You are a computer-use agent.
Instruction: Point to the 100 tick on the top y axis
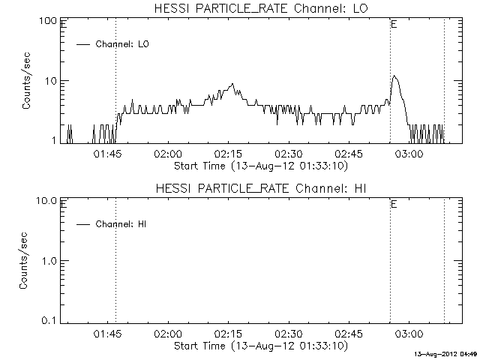click(49, 20)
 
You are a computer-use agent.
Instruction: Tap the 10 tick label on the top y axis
click(52, 80)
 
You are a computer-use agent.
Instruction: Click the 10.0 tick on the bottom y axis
click(47, 200)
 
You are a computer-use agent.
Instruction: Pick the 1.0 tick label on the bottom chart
click(49, 260)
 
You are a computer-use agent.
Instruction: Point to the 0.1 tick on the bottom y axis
click(49, 320)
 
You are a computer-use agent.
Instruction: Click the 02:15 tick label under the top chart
click(229, 154)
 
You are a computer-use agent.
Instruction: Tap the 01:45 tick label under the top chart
click(108, 154)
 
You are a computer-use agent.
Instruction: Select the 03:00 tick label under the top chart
click(409, 154)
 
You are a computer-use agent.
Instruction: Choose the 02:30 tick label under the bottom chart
click(289, 334)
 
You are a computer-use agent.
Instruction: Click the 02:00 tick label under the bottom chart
click(168, 334)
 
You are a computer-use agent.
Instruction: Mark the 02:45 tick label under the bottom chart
click(349, 334)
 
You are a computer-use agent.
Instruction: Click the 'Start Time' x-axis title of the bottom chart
click(259, 346)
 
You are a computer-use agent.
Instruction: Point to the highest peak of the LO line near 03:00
click(395, 76)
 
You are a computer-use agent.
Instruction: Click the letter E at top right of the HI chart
click(394, 204)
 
